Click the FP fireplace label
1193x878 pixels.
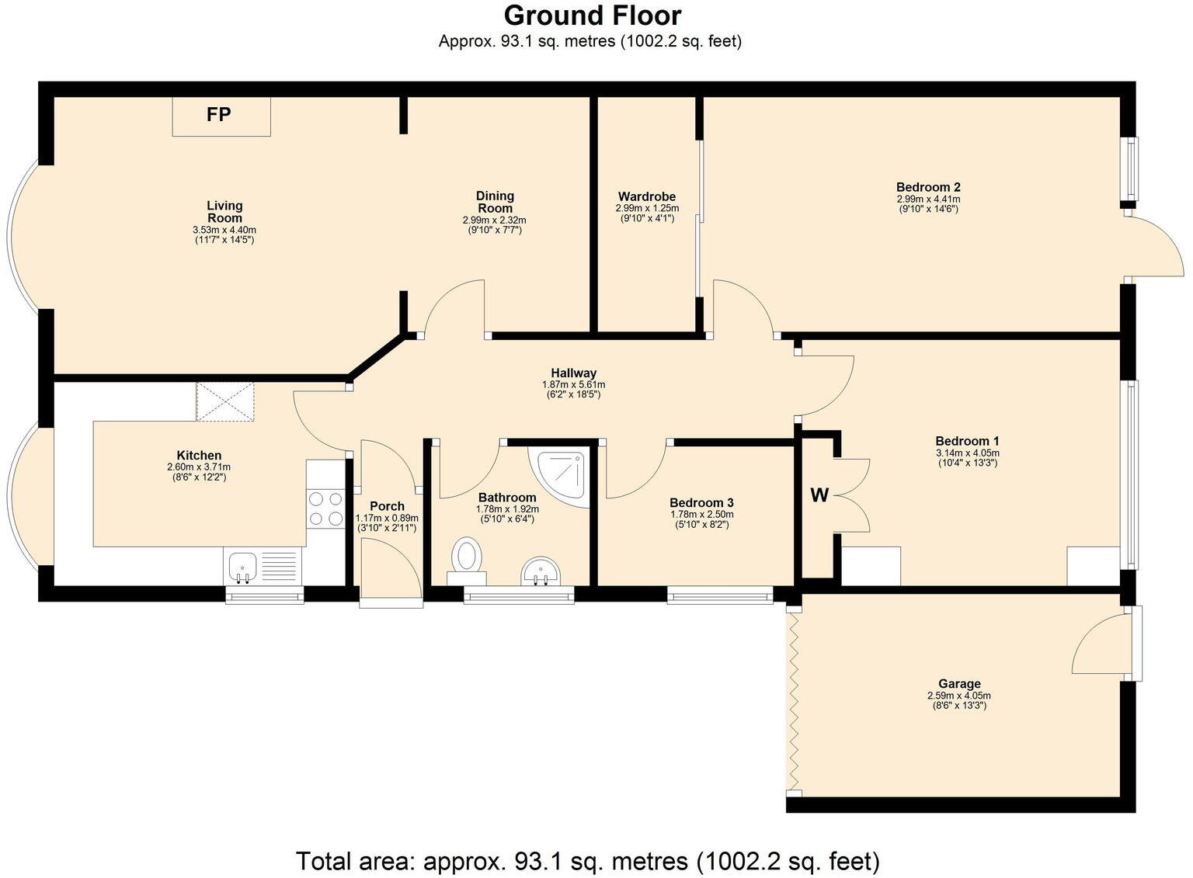pyautogui.click(x=218, y=114)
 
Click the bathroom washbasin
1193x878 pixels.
pyautogui.click(x=541, y=571)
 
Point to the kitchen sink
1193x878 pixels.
pyautogui.click(x=243, y=567)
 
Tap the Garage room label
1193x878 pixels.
pyautogui.click(x=959, y=683)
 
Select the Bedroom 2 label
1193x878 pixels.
pyautogui.click(x=928, y=187)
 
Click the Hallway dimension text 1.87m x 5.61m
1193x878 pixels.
pyautogui.click(x=574, y=384)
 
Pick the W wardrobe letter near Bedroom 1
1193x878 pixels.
pyautogui.click(x=819, y=496)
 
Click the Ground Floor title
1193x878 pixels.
pyautogui.click(x=593, y=16)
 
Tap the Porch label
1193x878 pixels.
pyautogui.click(x=388, y=506)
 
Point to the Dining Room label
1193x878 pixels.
pyautogui.click(x=495, y=203)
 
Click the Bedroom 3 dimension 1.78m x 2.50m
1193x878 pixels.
pyautogui.click(x=701, y=515)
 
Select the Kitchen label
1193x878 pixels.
pyautogui.click(x=199, y=455)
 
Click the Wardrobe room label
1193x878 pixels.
pyautogui.click(x=646, y=196)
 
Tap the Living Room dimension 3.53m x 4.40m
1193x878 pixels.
pyautogui.click(x=224, y=230)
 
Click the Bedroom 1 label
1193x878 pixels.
pyautogui.click(x=967, y=441)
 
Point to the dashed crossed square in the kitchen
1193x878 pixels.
pyautogui.click(x=225, y=401)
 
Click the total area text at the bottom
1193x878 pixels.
pyautogui.click(x=587, y=861)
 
